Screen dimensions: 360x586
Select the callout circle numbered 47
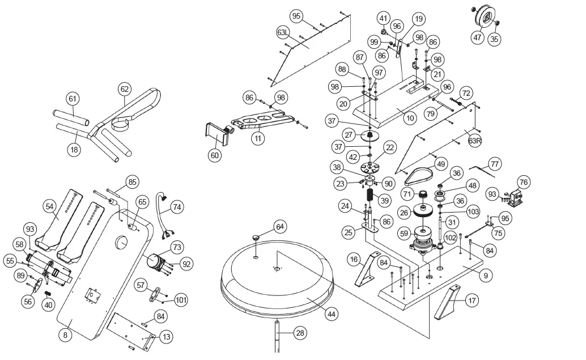[478, 37]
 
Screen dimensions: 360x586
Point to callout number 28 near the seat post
[299, 333]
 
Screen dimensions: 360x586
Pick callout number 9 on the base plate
[485, 276]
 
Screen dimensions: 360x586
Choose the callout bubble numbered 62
[125, 88]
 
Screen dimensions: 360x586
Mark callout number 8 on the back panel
[66, 336]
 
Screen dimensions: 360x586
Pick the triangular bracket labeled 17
[449, 302]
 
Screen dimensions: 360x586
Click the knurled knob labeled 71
[422, 197]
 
